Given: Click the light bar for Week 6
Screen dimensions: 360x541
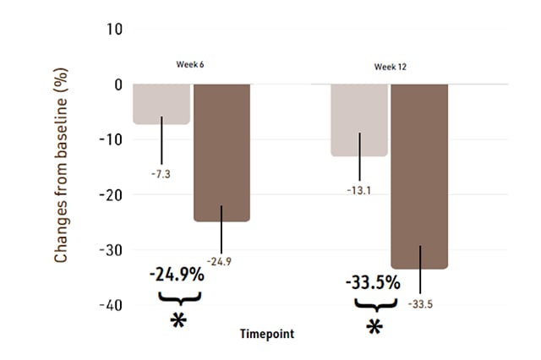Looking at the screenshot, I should tap(161, 104).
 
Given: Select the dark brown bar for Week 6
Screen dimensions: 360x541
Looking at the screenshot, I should tap(221, 152).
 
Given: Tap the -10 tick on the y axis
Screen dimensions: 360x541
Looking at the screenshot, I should tap(112, 139).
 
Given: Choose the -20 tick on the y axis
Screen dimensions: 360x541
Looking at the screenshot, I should tap(112, 194).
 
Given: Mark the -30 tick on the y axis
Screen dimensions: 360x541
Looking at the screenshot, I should tap(112, 250).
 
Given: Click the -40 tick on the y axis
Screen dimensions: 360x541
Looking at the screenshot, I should tap(112, 305).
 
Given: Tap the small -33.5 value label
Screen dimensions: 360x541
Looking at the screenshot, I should tap(419, 304).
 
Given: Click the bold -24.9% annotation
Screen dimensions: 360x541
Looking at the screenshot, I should tap(179, 275).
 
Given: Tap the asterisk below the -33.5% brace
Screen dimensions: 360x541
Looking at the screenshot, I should tap(374, 327).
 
